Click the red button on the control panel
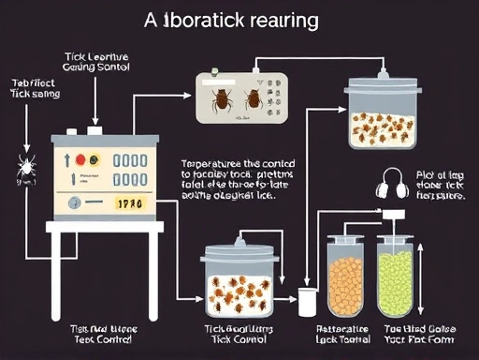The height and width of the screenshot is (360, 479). [x=80, y=160]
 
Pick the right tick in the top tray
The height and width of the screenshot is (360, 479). [x=253, y=97]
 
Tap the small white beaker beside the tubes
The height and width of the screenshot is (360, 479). [x=305, y=300]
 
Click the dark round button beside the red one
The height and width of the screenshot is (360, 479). [x=94, y=160]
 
